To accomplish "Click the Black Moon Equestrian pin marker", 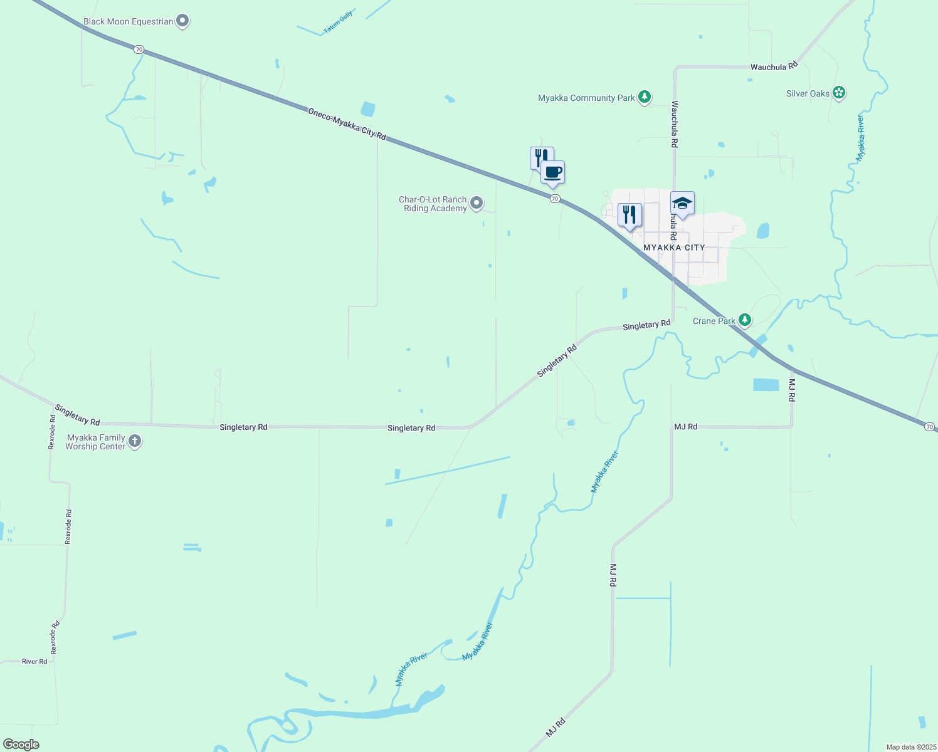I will point(182,21).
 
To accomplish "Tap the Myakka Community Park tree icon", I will point(644,97).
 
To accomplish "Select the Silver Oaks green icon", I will point(839,93).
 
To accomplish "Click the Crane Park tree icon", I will point(744,320).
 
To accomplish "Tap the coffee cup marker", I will point(553,172).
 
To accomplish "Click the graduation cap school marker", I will point(682,203).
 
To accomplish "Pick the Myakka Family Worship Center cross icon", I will point(135,442).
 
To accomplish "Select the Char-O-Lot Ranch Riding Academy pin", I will point(477,202).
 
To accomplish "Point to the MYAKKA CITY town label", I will point(674,248).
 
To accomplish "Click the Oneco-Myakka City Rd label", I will point(347,123).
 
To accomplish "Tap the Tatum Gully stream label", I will point(339,23).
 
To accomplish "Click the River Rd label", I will point(34,661).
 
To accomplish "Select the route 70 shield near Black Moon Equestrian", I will point(139,49).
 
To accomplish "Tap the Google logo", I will point(21,744).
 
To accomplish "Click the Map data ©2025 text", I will point(910,747).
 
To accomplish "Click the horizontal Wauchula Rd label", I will point(774,66).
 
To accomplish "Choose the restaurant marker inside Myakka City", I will point(630,214).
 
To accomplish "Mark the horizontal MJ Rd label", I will point(685,427).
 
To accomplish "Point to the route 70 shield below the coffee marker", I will point(555,199).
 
